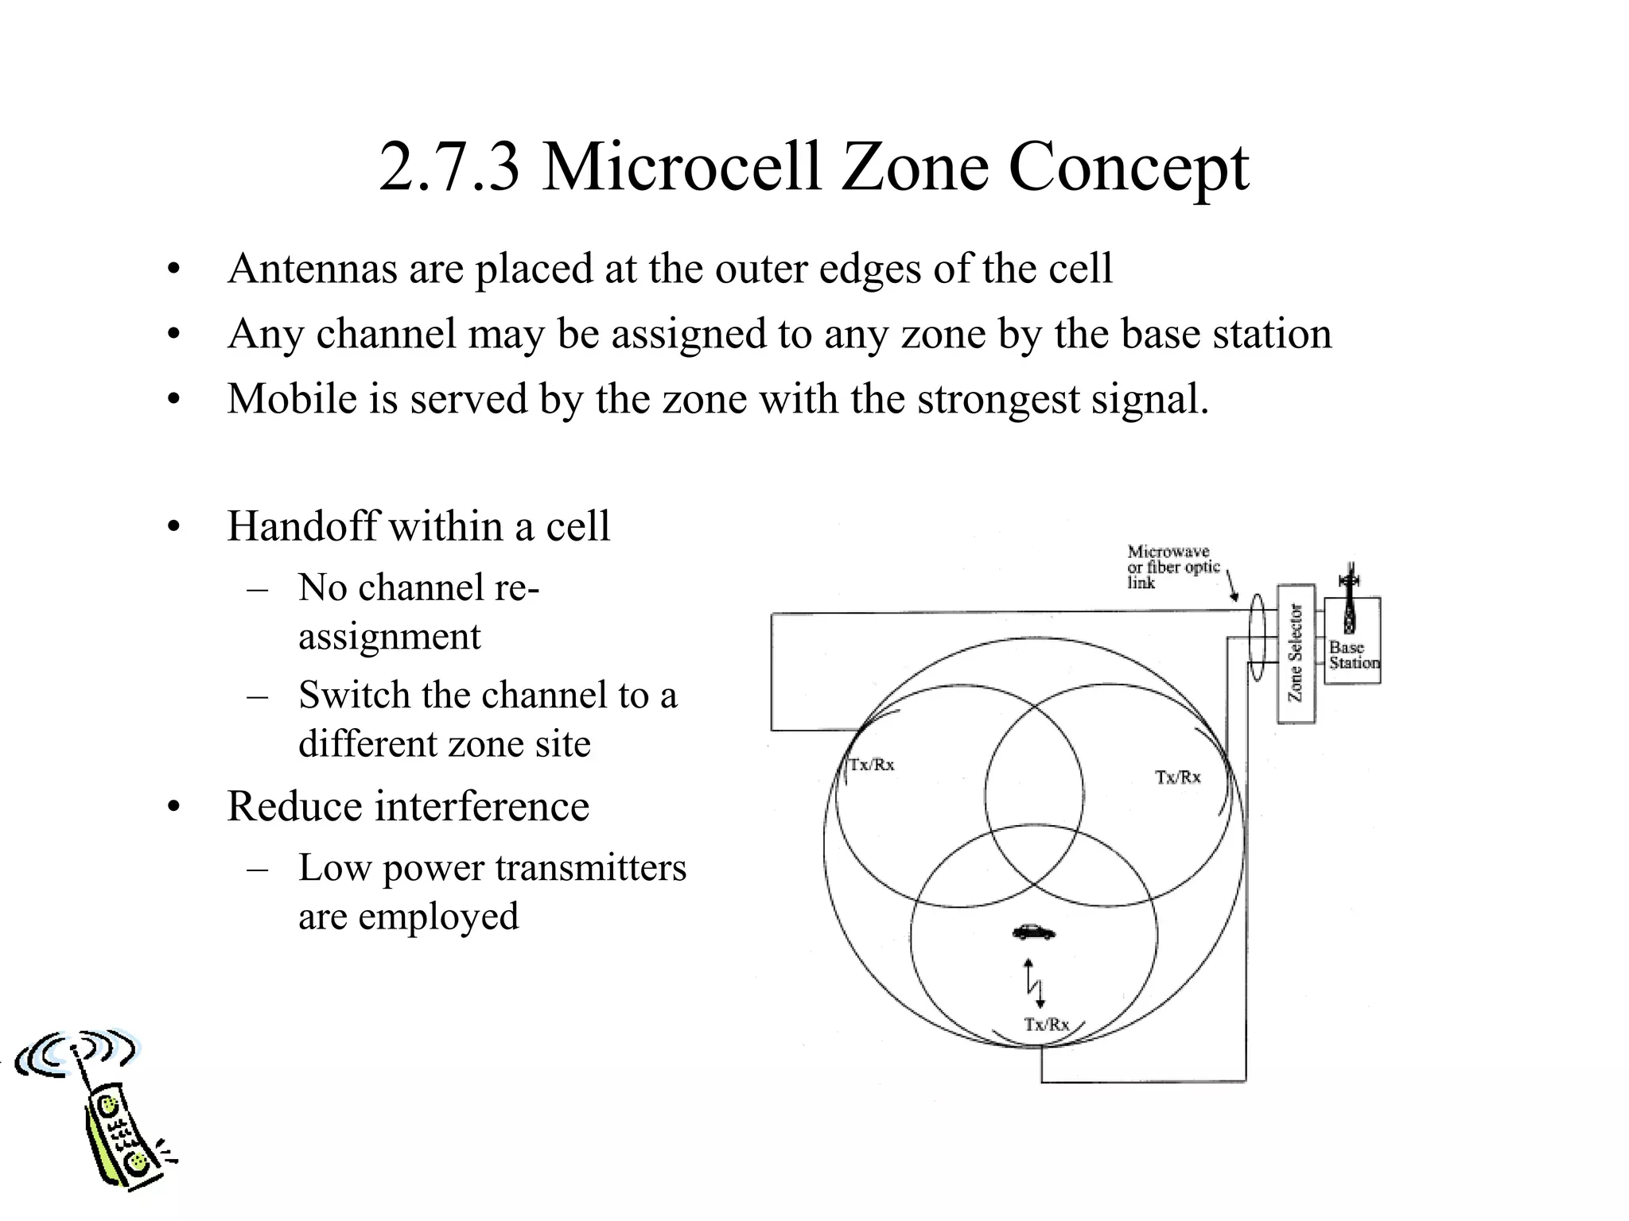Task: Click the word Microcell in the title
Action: pos(681,167)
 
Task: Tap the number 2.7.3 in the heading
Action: pos(449,167)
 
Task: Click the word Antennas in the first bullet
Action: pos(312,269)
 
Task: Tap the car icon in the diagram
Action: pos(1034,932)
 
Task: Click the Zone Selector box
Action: pos(1296,653)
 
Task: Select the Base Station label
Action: pos(1353,655)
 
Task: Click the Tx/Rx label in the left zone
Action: pos(872,765)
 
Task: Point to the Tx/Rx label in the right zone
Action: pos(1178,777)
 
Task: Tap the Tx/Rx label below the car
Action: pos(1047,1024)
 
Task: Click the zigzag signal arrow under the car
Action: pos(1034,984)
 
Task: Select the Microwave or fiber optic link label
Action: pos(1172,567)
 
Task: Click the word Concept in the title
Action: pos(1129,167)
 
